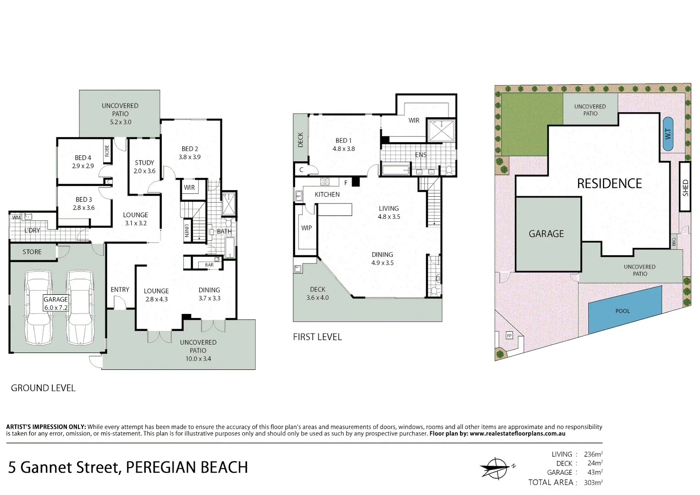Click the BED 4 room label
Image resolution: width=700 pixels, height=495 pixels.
(83, 158)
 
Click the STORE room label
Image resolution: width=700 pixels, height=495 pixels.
(32, 252)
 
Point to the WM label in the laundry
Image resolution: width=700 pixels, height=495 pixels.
(16, 218)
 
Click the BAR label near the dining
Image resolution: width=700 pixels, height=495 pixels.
(209, 265)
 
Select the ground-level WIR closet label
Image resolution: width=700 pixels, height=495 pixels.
(189, 187)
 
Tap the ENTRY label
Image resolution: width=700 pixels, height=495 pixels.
(120, 290)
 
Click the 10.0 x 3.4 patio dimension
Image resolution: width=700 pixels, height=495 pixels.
(198, 359)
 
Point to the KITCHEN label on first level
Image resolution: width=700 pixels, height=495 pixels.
(327, 194)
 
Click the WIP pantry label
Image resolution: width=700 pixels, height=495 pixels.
(306, 228)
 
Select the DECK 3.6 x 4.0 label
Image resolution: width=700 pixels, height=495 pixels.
(317, 293)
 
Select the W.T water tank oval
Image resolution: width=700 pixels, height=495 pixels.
(668, 134)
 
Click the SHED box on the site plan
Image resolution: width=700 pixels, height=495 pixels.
(685, 187)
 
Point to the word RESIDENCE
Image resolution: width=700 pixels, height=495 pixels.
(609, 184)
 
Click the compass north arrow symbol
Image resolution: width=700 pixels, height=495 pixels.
(496, 468)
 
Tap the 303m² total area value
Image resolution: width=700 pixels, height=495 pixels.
(593, 482)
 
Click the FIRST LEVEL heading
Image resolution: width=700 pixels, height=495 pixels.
(317, 337)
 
